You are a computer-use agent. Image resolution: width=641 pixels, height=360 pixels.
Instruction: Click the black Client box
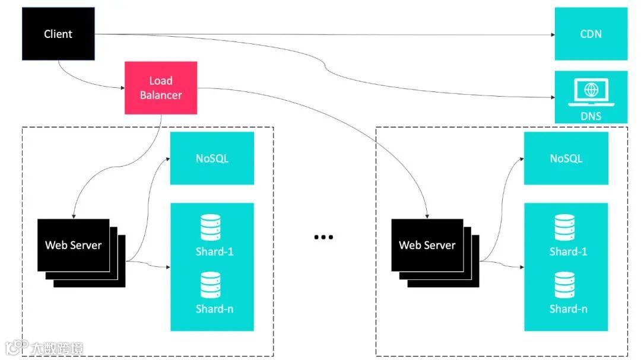(58, 34)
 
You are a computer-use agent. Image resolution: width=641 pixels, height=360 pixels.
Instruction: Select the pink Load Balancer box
(161, 88)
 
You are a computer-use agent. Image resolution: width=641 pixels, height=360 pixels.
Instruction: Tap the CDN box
(591, 34)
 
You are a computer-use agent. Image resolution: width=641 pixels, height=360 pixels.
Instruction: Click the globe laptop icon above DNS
(591, 92)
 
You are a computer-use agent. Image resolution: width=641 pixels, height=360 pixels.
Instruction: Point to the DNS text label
(591, 116)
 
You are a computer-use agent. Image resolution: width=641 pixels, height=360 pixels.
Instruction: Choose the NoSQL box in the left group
(212, 158)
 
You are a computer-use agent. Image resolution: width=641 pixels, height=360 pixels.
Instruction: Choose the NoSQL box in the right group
(566, 158)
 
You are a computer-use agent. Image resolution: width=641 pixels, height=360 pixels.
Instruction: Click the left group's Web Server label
(73, 245)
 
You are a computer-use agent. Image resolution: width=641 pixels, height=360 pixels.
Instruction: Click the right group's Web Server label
(427, 245)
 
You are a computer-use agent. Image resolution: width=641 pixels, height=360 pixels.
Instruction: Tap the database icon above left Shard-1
(211, 228)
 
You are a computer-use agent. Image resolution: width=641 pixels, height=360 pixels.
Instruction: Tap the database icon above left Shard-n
(211, 285)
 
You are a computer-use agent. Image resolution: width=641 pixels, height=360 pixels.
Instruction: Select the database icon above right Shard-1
(564, 228)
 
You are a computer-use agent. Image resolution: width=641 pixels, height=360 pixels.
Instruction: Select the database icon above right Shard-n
(564, 285)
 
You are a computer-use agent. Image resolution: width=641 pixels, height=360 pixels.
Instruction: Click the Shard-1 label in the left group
(215, 251)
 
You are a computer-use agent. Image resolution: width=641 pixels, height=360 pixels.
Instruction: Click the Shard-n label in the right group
(568, 309)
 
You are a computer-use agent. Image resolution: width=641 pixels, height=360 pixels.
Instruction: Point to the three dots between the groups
(323, 237)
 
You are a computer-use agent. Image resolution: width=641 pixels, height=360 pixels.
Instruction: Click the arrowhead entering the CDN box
(553, 35)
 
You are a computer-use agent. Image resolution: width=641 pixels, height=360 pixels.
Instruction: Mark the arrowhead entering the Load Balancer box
(122, 88)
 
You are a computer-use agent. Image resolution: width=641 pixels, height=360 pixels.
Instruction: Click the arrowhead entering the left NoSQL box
(167, 158)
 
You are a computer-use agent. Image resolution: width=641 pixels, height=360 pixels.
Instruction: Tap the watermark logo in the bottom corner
(45, 348)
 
